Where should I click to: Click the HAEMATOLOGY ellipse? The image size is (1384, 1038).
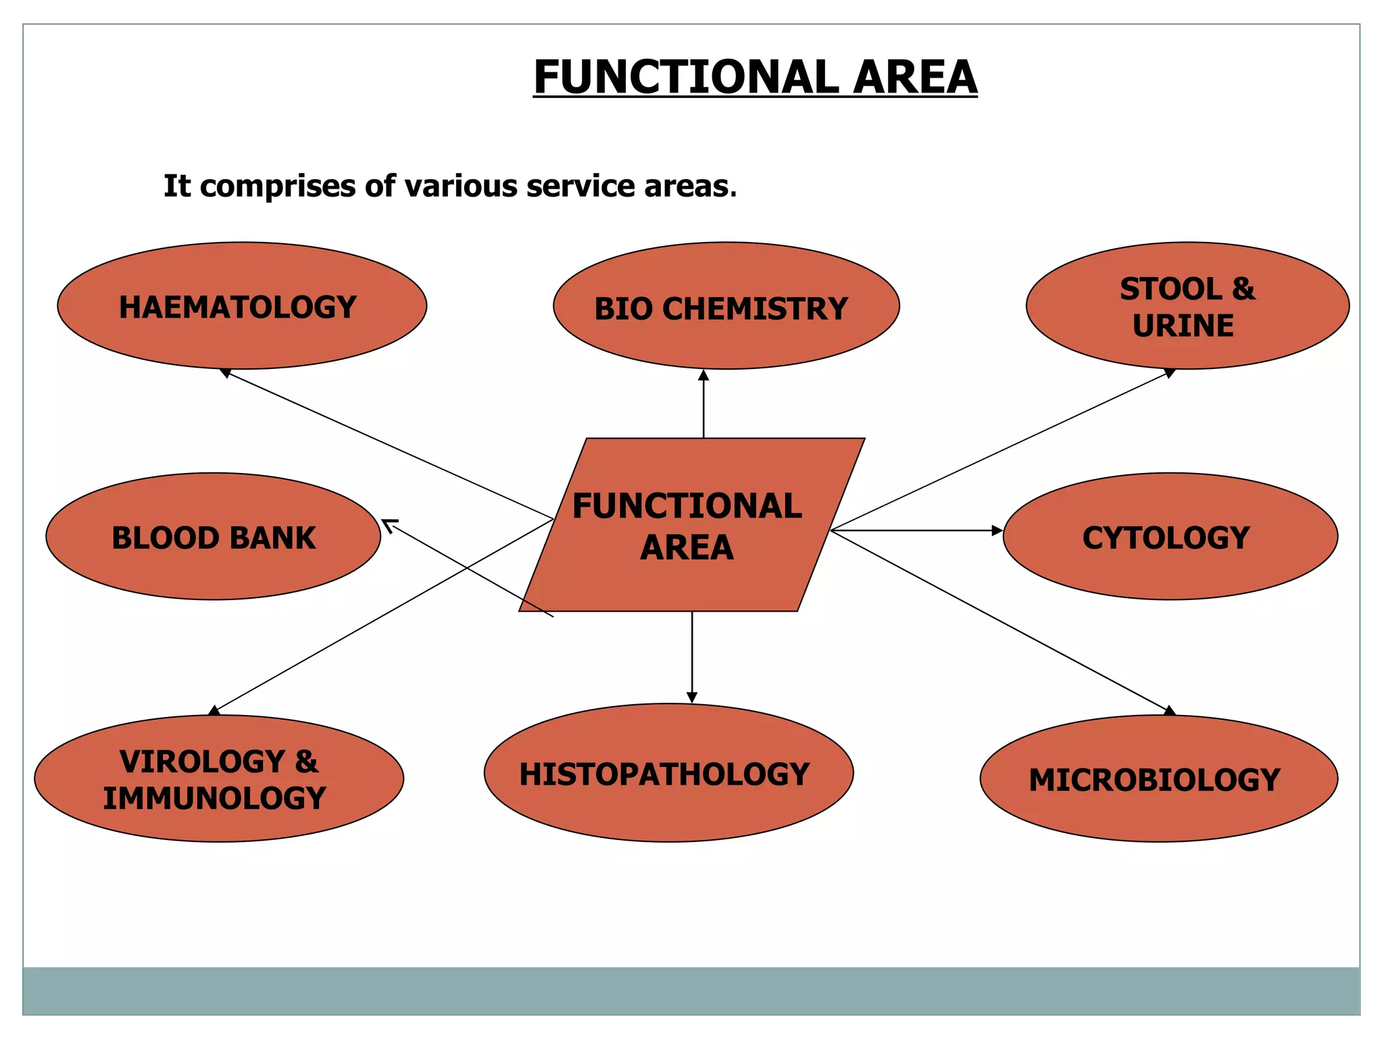click(242, 305)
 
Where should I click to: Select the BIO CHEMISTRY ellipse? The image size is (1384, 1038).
click(726, 305)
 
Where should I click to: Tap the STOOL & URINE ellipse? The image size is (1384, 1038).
click(1187, 305)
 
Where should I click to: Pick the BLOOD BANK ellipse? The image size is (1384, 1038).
click(213, 537)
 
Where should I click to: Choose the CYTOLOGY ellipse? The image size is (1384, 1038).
click(1170, 537)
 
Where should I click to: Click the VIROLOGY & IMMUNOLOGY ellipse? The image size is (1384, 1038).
click(219, 778)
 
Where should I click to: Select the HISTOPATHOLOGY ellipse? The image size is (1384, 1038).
click(668, 773)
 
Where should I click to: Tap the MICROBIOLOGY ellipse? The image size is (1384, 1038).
click(1158, 778)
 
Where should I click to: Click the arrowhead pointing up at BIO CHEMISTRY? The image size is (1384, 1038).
click(703, 375)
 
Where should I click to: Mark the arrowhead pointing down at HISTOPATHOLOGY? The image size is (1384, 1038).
click(691, 697)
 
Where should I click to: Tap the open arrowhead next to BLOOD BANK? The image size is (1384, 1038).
click(388, 524)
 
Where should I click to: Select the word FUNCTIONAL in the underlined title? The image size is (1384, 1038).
click(686, 77)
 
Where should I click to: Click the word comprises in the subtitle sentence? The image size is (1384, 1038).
click(278, 187)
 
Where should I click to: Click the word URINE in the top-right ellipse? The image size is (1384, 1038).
click(1183, 326)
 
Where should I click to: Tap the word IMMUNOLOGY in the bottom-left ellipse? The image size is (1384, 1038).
click(215, 798)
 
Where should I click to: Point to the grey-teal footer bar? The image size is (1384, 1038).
click(691, 991)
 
